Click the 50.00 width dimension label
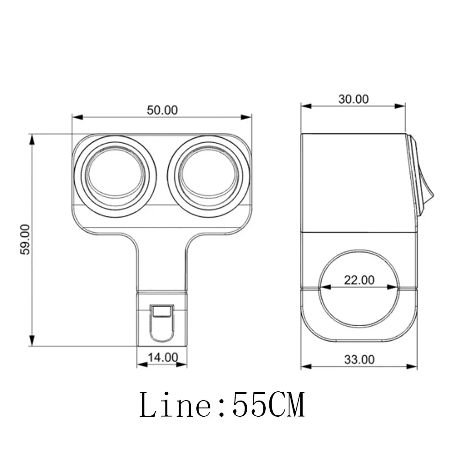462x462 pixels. pos(162,110)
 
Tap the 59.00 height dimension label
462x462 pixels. pos(25,239)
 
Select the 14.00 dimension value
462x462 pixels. pos(163,358)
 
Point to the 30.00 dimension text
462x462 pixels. pos(353,99)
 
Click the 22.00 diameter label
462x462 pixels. pos(359,280)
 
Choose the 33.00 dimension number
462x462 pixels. pos(359,359)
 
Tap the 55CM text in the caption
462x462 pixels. pos(268,404)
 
